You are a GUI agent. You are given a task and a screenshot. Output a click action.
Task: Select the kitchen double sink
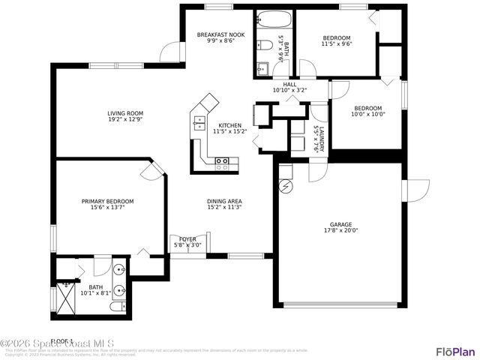pos(199,122)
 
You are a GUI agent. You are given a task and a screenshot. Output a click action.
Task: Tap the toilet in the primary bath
pos(118,307)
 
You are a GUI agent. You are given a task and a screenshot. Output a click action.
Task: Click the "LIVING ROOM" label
pos(124,113)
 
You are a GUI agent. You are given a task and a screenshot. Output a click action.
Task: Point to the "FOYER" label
pos(187,239)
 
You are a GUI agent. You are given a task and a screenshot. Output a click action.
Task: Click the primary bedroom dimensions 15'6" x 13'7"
pos(108,208)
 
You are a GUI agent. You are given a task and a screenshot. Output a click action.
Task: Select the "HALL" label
pos(289,84)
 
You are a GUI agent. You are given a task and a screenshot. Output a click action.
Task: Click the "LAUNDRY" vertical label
pos(321,139)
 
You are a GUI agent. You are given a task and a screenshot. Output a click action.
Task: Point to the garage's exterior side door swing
pos(415,190)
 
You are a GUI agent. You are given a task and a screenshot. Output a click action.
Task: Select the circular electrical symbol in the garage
pos(285,185)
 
